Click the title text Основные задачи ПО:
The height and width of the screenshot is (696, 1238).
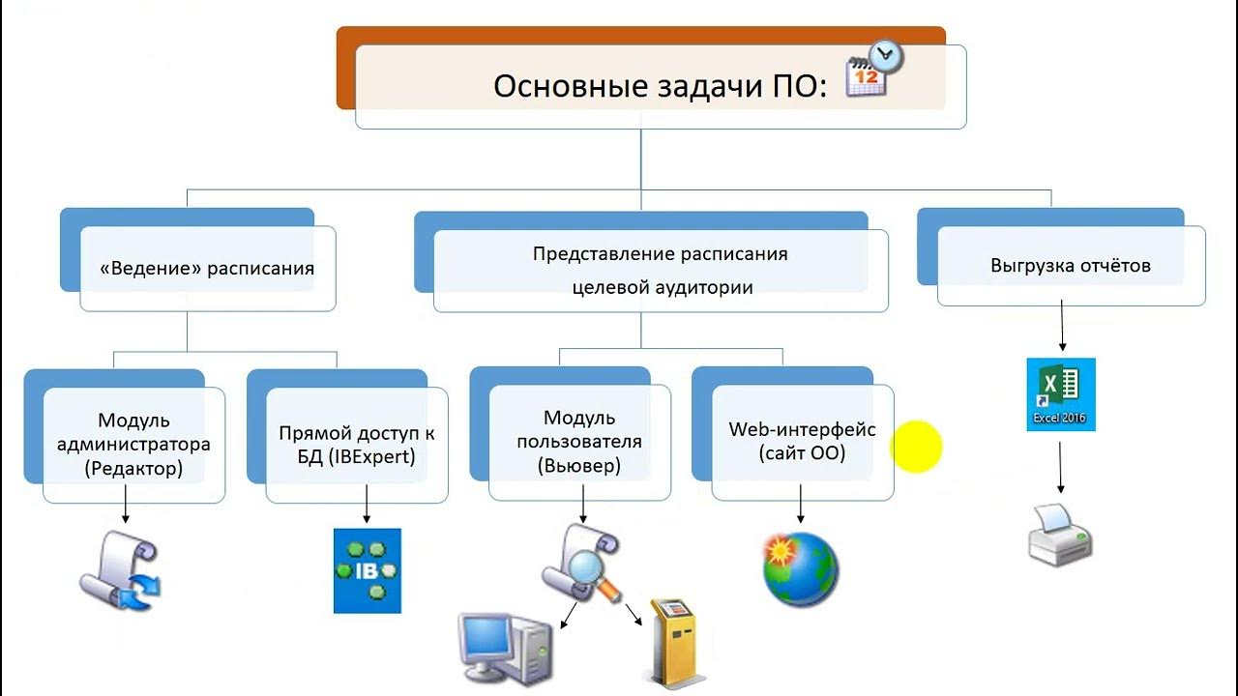[x=660, y=86]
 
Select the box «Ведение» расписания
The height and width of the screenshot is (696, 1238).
[x=207, y=268]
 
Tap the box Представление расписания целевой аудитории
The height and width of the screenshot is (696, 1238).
[x=661, y=270]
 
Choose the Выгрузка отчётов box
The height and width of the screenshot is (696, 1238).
[x=1071, y=265]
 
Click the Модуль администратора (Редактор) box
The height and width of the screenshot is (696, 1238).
[x=133, y=445]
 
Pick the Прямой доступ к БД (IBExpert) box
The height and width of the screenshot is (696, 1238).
[x=356, y=445]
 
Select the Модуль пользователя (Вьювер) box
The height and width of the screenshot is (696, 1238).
[x=579, y=443]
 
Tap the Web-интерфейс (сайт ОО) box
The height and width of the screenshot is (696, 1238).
[x=802, y=442]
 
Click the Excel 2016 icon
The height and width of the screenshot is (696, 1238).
[x=1061, y=394]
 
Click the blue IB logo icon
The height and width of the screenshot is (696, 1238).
[x=368, y=570]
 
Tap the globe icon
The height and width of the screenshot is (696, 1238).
[x=800, y=569]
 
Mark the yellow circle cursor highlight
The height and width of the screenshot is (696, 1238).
[x=916, y=447]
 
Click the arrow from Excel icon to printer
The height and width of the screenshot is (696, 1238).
[x=1061, y=468]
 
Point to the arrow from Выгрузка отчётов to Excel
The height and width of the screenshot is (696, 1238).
[x=1063, y=327]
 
